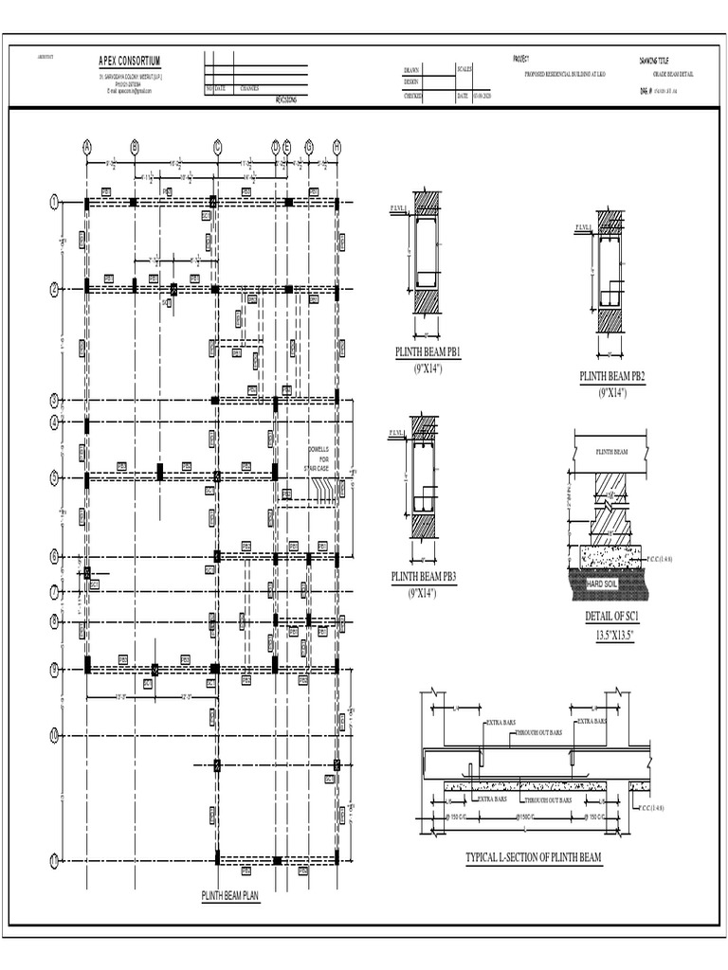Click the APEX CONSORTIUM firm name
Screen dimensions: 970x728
click(130, 61)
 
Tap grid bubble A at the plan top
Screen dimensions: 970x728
click(87, 147)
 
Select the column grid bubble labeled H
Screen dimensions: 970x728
click(337, 147)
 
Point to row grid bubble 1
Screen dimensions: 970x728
click(55, 202)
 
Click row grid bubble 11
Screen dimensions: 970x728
click(55, 860)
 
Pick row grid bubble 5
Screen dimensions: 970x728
click(55, 477)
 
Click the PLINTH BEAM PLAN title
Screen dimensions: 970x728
click(229, 894)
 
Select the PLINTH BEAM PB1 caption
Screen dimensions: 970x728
click(428, 352)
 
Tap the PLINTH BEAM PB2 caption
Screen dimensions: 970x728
click(611, 377)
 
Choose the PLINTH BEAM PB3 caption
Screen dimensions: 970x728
click(424, 576)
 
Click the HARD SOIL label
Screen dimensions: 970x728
click(608, 584)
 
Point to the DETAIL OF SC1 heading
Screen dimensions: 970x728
click(613, 618)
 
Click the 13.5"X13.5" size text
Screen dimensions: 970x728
click(613, 635)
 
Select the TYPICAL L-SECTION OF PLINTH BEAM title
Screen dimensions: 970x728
click(533, 858)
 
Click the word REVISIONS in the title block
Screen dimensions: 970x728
click(285, 98)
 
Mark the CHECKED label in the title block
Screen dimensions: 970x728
click(413, 96)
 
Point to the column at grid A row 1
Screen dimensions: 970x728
click(87, 202)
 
